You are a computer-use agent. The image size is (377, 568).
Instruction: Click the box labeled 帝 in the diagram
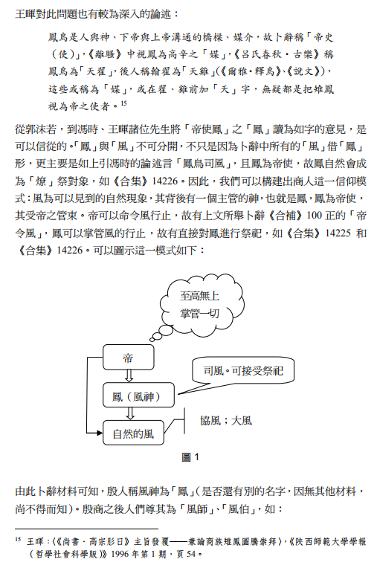[128, 357]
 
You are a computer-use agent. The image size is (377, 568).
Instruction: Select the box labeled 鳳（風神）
[138, 396]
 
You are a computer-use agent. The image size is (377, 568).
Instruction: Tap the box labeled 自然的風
[133, 433]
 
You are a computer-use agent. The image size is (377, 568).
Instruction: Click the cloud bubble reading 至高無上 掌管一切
[201, 304]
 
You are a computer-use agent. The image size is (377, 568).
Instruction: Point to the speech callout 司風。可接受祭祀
[242, 370]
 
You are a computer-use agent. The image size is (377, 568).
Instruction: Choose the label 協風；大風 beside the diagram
[225, 421]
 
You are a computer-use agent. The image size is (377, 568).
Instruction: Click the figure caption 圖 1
[190, 457]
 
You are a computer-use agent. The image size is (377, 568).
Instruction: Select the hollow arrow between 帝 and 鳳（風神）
[129, 376]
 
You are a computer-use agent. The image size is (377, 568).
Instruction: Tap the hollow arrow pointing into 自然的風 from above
[130, 413]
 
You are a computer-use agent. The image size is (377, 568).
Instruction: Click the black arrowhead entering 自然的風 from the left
[100, 433]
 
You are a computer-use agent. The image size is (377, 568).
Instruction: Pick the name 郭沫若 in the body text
[41, 129]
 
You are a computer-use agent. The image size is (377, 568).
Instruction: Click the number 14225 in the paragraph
[338, 233]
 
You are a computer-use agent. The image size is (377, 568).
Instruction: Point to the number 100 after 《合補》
[314, 216]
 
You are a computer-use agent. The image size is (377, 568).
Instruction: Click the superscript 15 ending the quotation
[124, 103]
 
